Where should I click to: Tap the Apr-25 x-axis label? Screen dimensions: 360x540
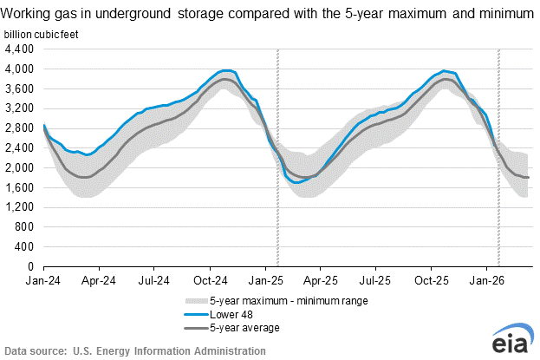pos(320,280)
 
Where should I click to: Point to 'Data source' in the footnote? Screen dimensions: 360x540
pos(36,350)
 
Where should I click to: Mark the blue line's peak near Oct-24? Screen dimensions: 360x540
pos(227,70)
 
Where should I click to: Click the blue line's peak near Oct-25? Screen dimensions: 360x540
pos(444,71)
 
